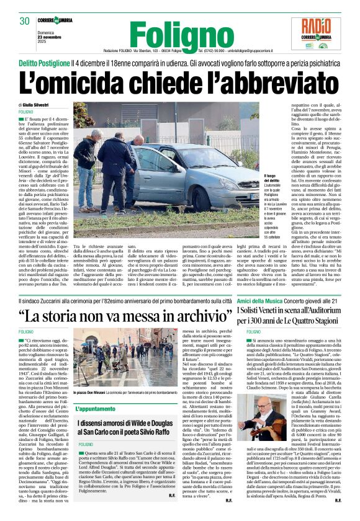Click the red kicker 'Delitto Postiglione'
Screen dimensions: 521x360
pyautogui.click(x=43, y=64)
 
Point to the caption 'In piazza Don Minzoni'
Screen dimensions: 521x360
pyautogui.click(x=91, y=393)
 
